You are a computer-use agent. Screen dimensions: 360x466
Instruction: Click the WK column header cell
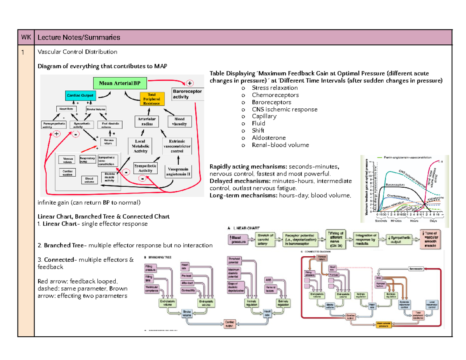click(26, 37)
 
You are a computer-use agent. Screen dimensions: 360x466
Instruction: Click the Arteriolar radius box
click(146, 121)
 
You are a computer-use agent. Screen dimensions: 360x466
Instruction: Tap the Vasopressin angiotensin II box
click(179, 171)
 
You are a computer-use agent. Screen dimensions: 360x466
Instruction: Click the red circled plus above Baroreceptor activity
click(190, 83)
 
